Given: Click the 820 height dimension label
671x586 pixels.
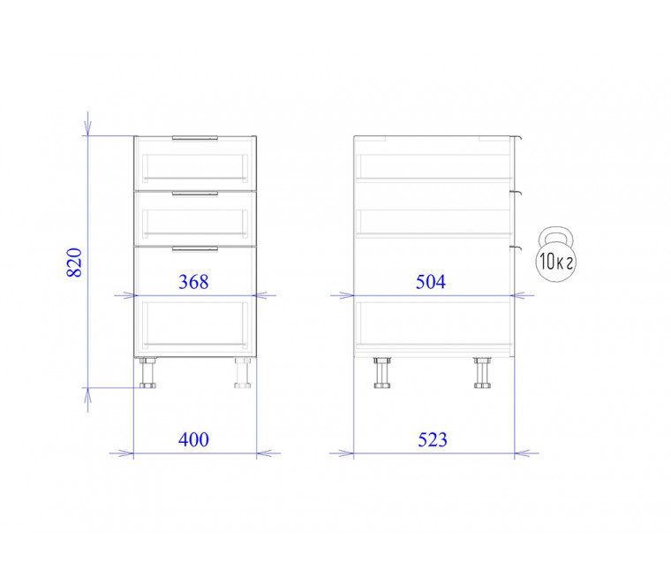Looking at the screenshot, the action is click(74, 263).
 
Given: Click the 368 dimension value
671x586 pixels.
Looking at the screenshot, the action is click(193, 282).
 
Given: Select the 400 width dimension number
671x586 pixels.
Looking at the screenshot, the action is click(193, 439).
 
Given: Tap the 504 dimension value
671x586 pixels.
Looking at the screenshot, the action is click(431, 282).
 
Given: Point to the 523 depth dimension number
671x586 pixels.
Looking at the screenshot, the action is click(433, 439).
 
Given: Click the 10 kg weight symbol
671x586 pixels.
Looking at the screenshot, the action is click(555, 255).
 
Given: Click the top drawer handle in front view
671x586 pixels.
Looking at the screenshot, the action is click(195, 138).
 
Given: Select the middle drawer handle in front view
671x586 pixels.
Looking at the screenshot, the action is click(195, 194).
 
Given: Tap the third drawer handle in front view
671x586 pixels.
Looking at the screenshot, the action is click(195, 248).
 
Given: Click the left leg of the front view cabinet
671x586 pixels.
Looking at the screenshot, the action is click(147, 373).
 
